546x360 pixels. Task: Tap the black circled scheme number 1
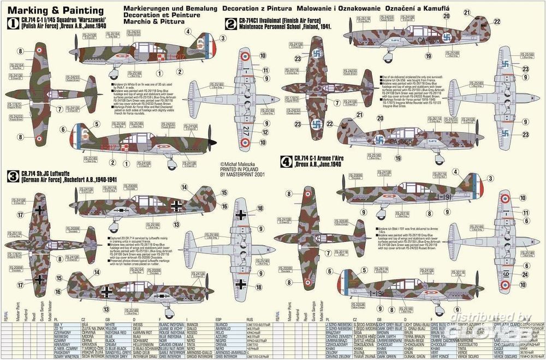9,22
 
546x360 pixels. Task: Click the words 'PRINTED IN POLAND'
240,169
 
